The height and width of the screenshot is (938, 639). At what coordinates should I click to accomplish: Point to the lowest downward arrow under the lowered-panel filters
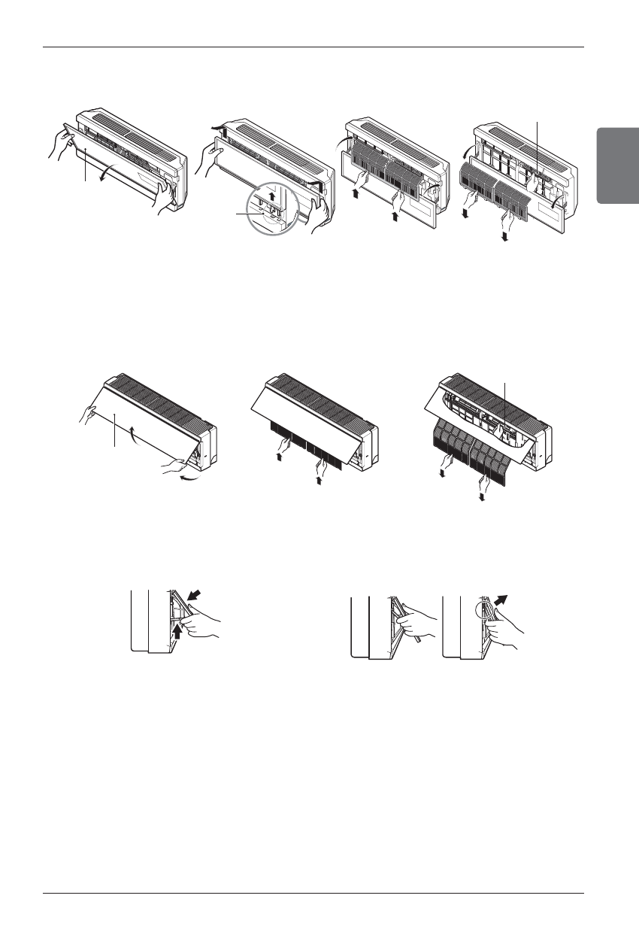click(506, 235)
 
